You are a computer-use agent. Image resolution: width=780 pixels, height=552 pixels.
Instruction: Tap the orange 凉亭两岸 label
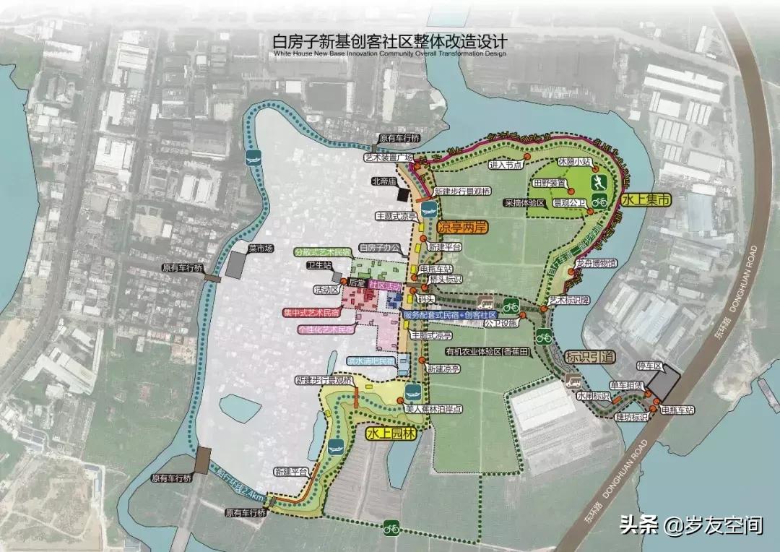click(x=462, y=227)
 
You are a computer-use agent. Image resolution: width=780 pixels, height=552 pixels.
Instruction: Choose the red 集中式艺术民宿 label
click(x=310, y=313)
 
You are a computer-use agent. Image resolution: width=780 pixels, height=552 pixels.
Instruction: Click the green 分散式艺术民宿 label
click(x=322, y=252)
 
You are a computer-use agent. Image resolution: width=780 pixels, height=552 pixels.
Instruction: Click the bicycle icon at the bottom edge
click(x=392, y=529)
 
